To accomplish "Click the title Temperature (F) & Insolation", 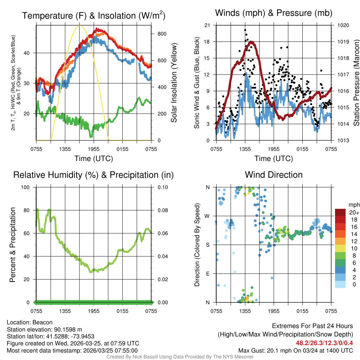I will (94, 15).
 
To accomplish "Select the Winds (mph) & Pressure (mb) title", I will (274, 13).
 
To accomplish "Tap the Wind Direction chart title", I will (274, 175).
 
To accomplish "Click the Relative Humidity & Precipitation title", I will (94, 175).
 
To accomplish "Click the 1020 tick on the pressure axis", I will (343, 25).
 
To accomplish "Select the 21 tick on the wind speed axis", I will (207, 25).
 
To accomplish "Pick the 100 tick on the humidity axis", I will (26, 187).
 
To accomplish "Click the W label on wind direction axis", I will (207, 216).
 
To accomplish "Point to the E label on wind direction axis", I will (207, 274).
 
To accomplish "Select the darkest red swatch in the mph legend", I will (340, 213).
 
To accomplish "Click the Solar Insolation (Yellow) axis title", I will (174, 83).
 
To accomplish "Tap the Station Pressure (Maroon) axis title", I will (356, 83).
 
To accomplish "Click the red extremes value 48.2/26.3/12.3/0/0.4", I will (324, 343).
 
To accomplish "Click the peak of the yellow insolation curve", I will (79, 25).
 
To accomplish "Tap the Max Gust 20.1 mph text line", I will (296, 351).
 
